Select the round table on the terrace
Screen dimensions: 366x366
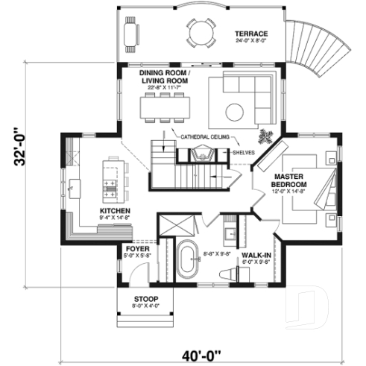[x=199, y=32]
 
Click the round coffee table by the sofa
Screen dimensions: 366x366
[x=236, y=111]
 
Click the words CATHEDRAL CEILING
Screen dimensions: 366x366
[x=203, y=136]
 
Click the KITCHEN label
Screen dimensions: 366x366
[x=115, y=211]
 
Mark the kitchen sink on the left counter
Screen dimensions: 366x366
[x=75, y=186]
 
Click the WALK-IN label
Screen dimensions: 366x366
[x=254, y=255]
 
